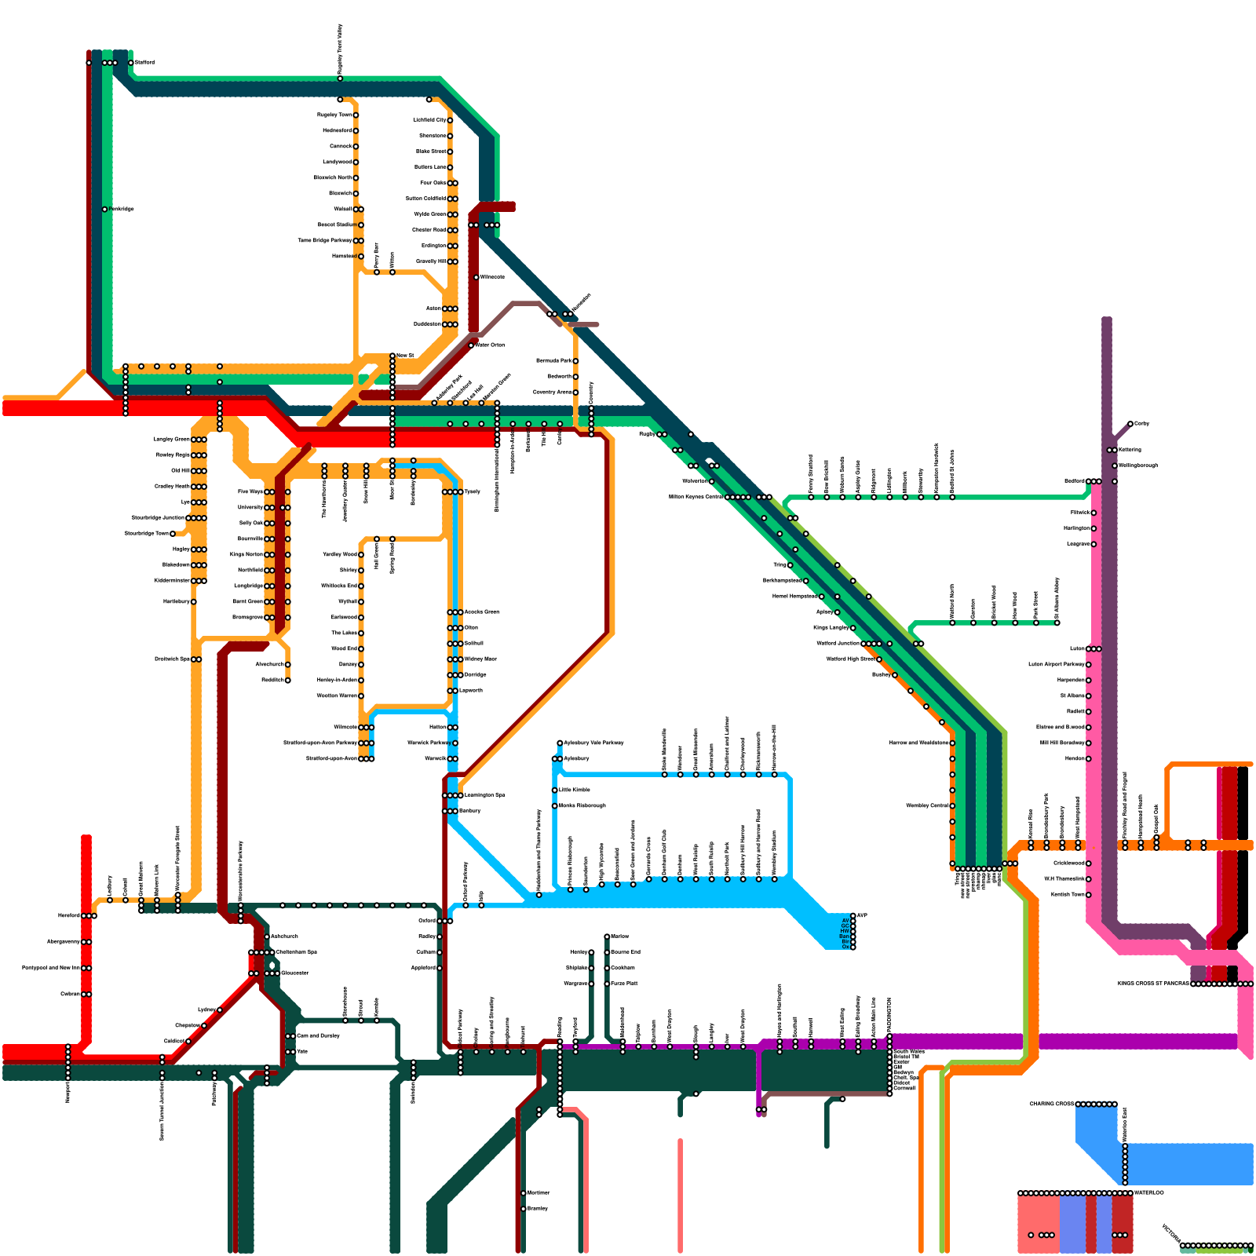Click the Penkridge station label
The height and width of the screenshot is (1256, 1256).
point(122,210)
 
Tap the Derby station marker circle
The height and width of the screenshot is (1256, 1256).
point(1130,424)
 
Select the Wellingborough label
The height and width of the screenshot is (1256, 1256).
point(1138,466)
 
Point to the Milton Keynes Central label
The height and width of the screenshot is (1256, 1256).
point(696,497)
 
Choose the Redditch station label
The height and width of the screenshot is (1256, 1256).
point(272,681)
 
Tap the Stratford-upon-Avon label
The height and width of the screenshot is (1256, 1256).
point(331,759)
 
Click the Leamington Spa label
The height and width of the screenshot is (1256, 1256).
point(485,795)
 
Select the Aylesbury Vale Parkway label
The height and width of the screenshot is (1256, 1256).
point(594,743)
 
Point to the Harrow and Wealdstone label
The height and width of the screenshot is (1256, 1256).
point(918,743)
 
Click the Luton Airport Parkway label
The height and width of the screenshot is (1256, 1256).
point(1057,665)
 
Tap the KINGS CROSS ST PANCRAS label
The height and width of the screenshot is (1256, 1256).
point(1153,984)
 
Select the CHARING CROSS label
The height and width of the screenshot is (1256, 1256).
point(1052,1104)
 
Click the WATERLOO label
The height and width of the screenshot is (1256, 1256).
point(1149,1193)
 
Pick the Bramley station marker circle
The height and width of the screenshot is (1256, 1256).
point(524,1209)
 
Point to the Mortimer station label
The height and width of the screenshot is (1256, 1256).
point(539,1193)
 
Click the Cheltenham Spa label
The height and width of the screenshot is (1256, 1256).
point(297,952)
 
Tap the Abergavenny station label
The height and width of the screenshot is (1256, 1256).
point(63,942)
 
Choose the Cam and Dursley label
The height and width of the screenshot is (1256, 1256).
point(318,1036)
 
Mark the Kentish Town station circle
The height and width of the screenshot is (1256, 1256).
point(1089,895)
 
